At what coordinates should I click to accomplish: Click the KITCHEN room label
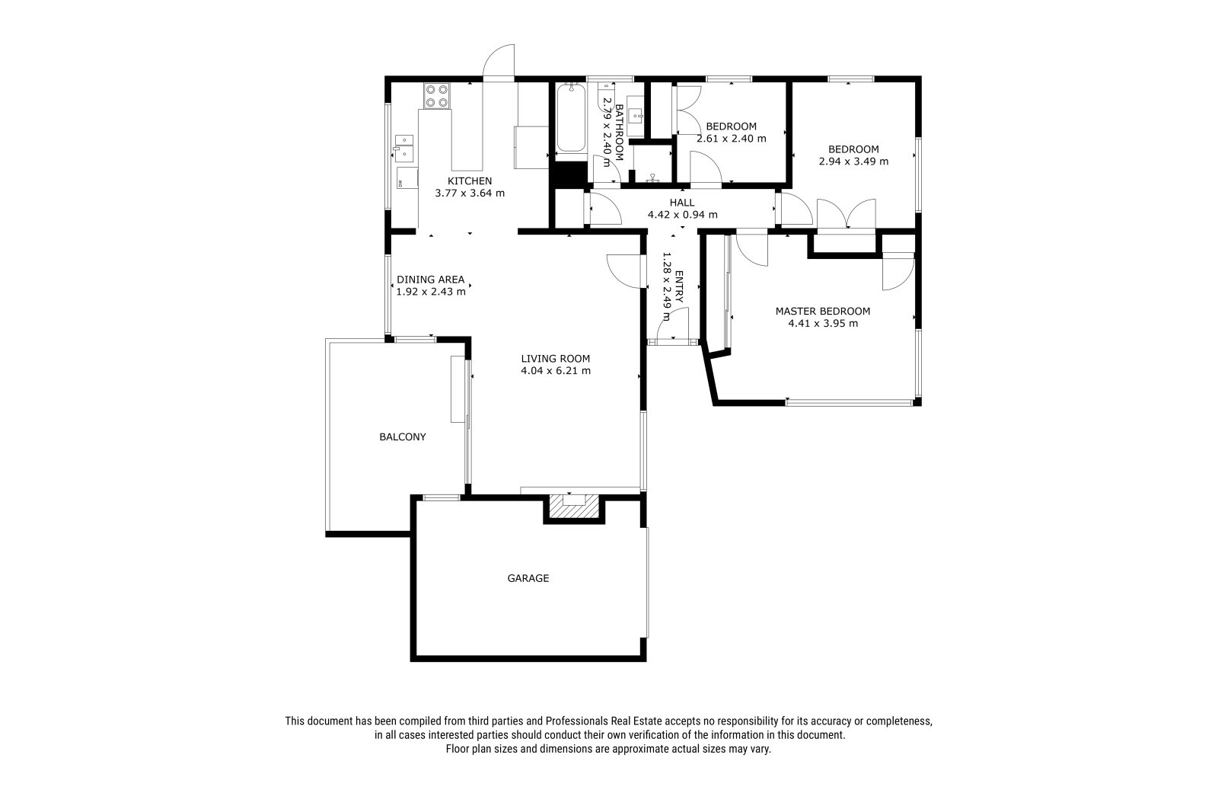point(469,181)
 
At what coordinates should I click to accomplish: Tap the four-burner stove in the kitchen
point(437,95)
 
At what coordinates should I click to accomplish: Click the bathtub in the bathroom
point(570,117)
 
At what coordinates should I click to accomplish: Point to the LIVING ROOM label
point(555,359)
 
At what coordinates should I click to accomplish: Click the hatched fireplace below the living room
point(574,506)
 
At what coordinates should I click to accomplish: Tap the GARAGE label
point(528,578)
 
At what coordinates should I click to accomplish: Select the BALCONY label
point(403,436)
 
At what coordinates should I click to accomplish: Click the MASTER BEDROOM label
point(823,312)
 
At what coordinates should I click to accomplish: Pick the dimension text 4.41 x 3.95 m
point(823,323)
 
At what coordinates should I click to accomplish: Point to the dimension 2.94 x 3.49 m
point(853,161)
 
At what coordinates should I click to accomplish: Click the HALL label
point(682,203)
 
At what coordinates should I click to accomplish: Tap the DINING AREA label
point(431,280)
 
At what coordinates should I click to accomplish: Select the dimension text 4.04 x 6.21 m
point(555,371)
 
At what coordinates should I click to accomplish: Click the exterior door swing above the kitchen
point(499,62)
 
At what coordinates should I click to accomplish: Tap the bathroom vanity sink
point(635,115)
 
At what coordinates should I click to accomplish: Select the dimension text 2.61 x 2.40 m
point(732,138)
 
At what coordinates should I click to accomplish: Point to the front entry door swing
point(672,323)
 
